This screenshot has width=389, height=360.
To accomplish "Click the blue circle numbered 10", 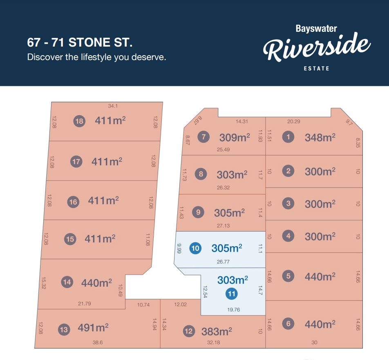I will (x=196, y=248).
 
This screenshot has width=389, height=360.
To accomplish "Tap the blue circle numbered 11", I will (x=232, y=293).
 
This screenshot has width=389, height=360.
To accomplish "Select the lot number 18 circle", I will (x=79, y=121).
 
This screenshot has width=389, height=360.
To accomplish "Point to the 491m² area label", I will (x=93, y=328).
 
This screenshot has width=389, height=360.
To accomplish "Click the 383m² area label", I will (x=217, y=331).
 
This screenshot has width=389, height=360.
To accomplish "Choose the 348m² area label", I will (x=320, y=137).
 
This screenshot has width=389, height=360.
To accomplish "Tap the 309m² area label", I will (x=235, y=137).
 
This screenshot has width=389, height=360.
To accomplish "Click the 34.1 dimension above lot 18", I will (x=113, y=106).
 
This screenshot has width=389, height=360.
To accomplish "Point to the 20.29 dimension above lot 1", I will (x=293, y=121).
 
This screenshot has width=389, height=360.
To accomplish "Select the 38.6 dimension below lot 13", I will (x=98, y=342).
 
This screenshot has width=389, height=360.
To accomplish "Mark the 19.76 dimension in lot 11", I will (x=233, y=310).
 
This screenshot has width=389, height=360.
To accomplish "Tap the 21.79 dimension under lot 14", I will (x=85, y=303).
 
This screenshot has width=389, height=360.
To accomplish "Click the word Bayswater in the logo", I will (x=316, y=29).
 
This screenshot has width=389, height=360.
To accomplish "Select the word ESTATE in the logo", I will (x=316, y=68).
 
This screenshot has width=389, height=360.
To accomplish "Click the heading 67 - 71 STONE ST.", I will (x=80, y=42).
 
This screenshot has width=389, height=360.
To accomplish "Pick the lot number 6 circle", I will (x=288, y=324).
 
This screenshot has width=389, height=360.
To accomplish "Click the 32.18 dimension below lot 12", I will (x=213, y=342).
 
